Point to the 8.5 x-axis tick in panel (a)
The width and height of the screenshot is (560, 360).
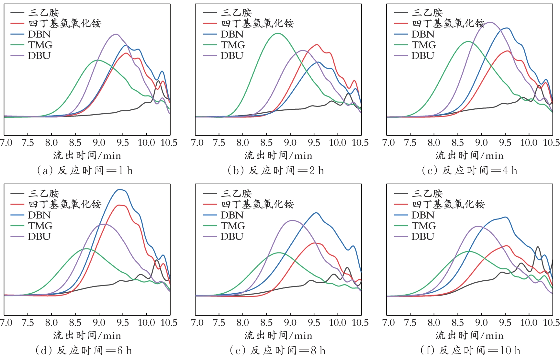pos(75,142)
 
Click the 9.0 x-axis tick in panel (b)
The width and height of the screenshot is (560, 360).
pos(290,142)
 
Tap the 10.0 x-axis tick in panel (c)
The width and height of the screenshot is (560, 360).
pos(529,142)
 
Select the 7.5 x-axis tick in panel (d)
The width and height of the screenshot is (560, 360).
pos(28,322)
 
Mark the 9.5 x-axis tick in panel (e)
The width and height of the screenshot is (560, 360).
pos(314,322)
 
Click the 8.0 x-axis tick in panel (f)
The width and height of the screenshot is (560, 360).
pos(434,322)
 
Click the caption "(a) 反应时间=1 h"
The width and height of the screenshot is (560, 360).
pos(85,170)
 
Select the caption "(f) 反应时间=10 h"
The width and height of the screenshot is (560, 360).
pos(470,350)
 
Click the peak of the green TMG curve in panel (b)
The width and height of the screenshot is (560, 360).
pos(278,33)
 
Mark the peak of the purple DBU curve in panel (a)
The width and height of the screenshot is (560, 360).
pos(116,34)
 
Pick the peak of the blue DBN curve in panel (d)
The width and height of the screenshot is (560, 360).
pos(120,190)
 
